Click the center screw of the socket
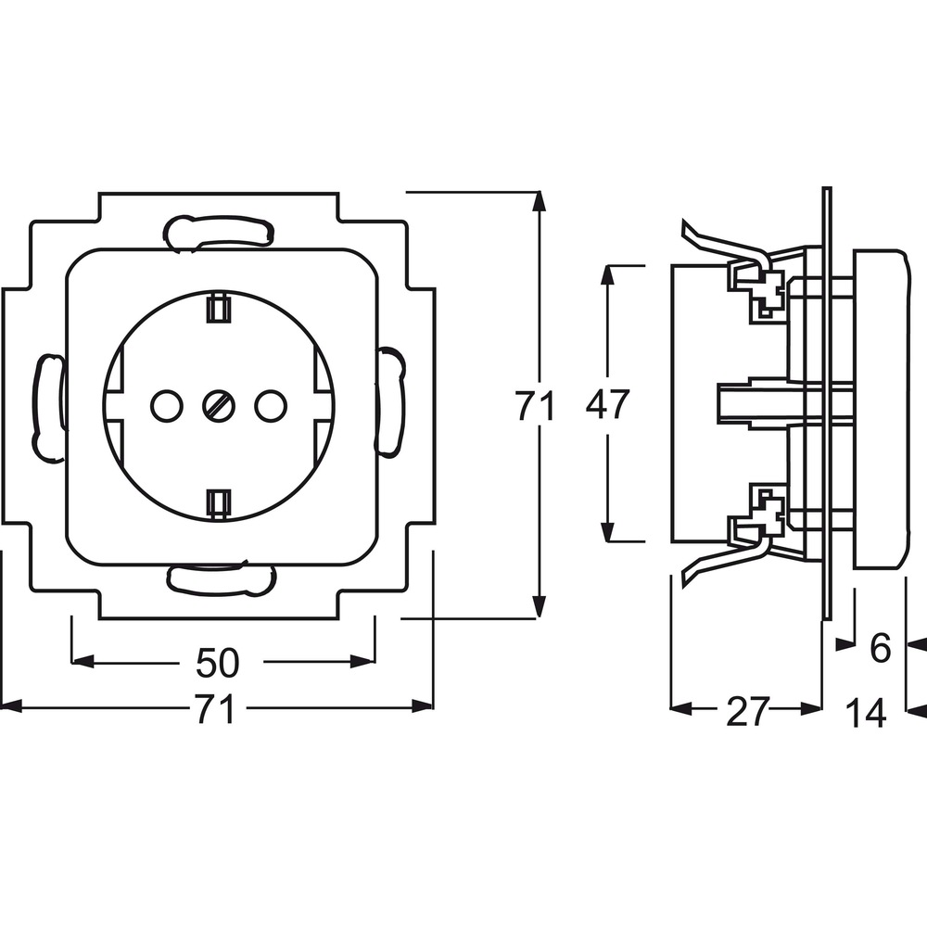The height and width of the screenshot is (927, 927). click(x=219, y=406)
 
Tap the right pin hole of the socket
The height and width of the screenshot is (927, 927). click(x=271, y=406)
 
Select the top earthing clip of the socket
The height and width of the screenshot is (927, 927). click(x=219, y=308)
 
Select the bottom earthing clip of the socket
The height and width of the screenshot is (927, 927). click(x=219, y=503)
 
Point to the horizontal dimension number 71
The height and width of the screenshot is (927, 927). click(x=215, y=708)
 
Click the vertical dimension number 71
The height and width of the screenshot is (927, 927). click(x=536, y=406)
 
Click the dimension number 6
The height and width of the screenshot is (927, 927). click(x=881, y=649)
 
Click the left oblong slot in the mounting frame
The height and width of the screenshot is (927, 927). click(x=48, y=406)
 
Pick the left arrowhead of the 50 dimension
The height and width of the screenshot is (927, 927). click(x=83, y=662)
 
